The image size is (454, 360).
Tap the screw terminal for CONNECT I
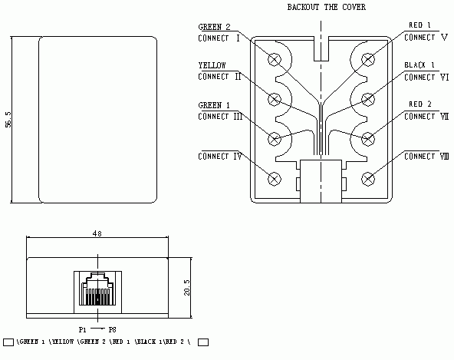click(275, 58)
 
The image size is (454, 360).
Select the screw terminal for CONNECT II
click(275, 98)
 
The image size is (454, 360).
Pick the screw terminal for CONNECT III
click(275, 139)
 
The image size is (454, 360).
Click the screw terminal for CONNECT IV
click(275, 178)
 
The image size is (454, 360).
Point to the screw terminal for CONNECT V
click(368, 58)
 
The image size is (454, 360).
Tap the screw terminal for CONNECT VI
click(368, 98)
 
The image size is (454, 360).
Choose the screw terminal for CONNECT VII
click(368, 139)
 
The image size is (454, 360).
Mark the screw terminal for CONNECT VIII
click(368, 178)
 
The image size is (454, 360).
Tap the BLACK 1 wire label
click(419, 65)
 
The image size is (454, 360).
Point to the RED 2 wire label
click(419, 104)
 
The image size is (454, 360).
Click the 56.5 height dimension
click(8, 119)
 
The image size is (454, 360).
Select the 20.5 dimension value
click(187, 286)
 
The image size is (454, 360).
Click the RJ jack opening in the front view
click(97, 292)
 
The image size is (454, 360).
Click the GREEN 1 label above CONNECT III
click(215, 104)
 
